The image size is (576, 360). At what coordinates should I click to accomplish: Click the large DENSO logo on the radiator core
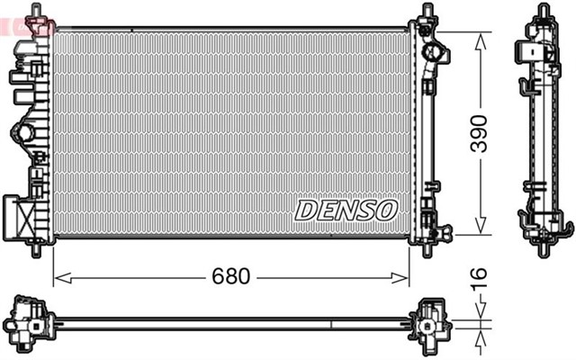click(346, 210)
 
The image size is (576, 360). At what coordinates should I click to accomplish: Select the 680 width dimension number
click(231, 276)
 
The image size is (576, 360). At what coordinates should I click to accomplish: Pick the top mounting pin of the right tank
click(426, 9)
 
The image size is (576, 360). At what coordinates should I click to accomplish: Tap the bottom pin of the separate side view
click(542, 249)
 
